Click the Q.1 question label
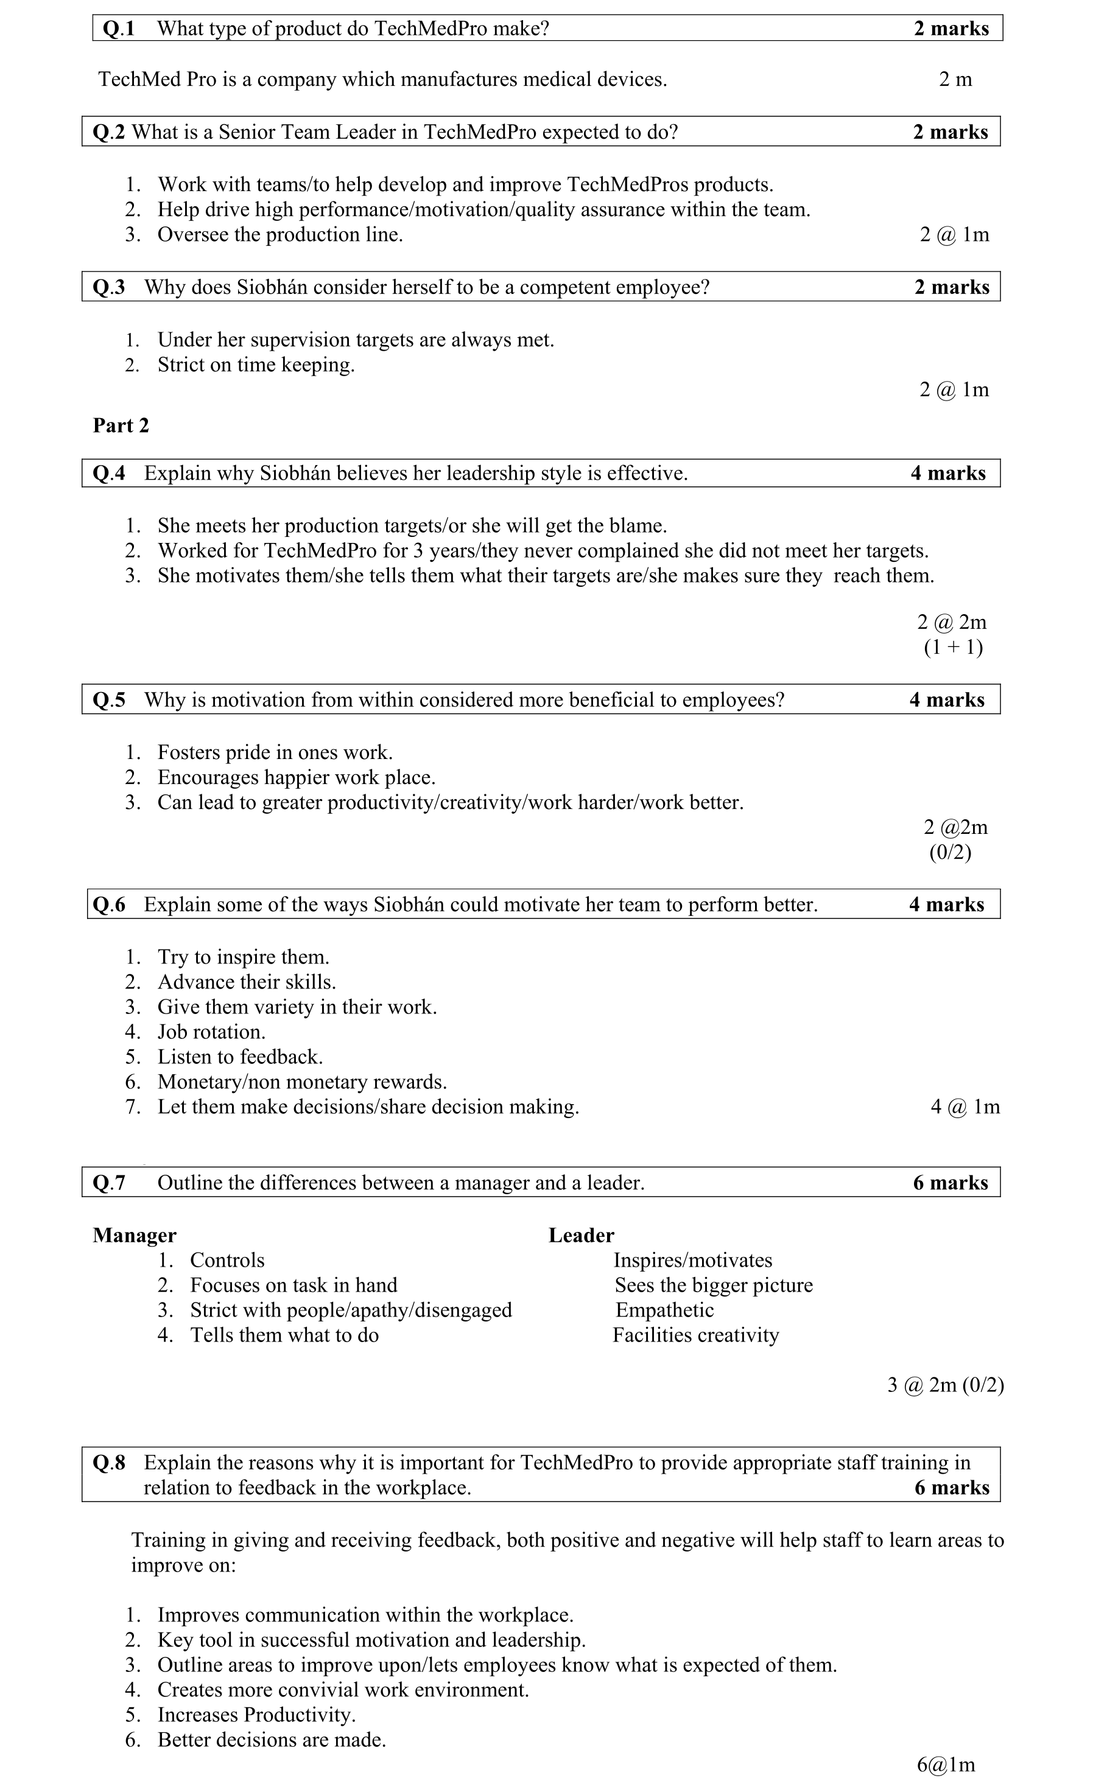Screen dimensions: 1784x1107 pos(119,29)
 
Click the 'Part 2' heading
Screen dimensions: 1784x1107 pos(121,425)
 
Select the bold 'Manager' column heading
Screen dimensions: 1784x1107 pos(135,1235)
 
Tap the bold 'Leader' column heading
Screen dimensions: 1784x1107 pos(582,1235)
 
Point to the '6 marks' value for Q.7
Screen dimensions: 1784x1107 pos(951,1183)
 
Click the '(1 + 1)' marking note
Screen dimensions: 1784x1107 pos(954,647)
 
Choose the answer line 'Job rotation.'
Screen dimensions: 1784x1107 pos(211,1032)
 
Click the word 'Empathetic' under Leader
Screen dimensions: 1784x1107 pos(664,1310)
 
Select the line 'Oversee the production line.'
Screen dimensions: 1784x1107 pos(281,235)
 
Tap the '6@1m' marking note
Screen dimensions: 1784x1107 pos(946,1765)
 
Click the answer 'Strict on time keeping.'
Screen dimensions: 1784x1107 pos(256,365)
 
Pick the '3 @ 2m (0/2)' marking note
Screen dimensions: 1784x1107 pos(945,1385)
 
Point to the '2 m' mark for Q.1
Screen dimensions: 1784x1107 pos(955,79)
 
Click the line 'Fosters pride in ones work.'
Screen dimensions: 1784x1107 pos(275,752)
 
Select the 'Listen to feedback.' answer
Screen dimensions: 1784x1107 pos(240,1057)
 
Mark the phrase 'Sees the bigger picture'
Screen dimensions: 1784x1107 pos(714,1285)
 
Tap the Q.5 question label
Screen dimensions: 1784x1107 pos(108,701)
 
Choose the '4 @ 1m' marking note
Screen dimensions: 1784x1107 pos(965,1107)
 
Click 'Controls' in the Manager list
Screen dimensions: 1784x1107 pos(227,1260)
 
